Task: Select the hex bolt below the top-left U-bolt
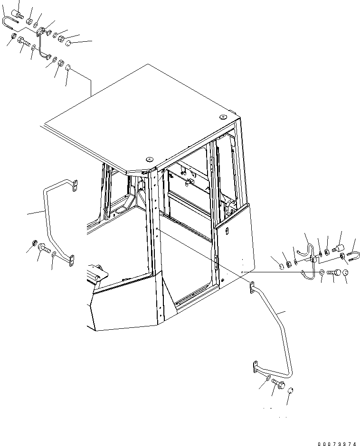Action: tap(24, 42)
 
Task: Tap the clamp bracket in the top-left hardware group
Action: tap(42, 31)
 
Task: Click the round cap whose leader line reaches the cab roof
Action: tap(68, 68)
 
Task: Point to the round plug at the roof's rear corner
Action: tap(223, 117)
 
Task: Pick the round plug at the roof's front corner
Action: tap(148, 159)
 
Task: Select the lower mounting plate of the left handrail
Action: tap(72, 261)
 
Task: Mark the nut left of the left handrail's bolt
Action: tap(33, 242)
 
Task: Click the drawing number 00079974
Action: tap(337, 443)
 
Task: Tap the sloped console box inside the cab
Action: tap(97, 273)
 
